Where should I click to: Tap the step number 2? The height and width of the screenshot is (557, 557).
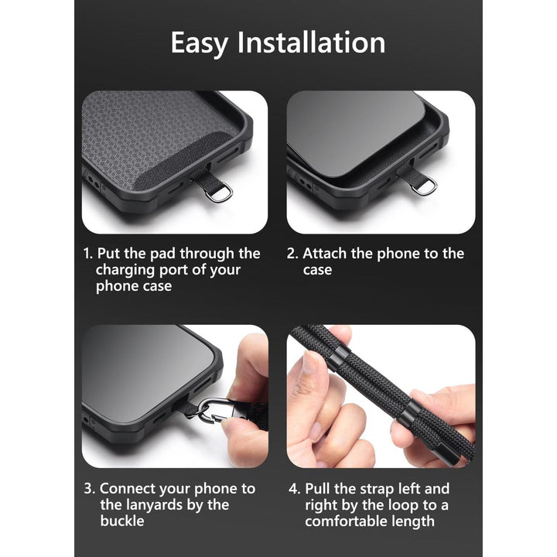click(292, 254)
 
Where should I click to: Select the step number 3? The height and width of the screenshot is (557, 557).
click(87, 489)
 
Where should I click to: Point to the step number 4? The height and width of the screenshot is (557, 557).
click(293, 489)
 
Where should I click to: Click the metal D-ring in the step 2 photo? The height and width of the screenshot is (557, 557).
click(424, 186)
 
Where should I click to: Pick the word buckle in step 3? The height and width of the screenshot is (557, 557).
click(122, 521)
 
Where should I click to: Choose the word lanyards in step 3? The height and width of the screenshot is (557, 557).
click(161, 505)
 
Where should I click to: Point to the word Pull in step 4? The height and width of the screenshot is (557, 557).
click(320, 489)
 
